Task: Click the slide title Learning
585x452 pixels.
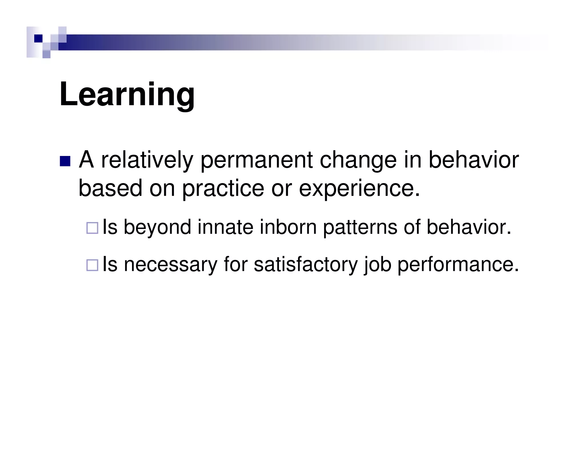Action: point(127,94)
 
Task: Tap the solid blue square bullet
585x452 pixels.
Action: point(65,161)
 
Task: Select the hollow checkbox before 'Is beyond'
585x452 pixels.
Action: point(92,228)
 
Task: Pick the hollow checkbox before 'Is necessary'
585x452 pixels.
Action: point(92,265)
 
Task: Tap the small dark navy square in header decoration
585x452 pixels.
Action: point(38,38)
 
